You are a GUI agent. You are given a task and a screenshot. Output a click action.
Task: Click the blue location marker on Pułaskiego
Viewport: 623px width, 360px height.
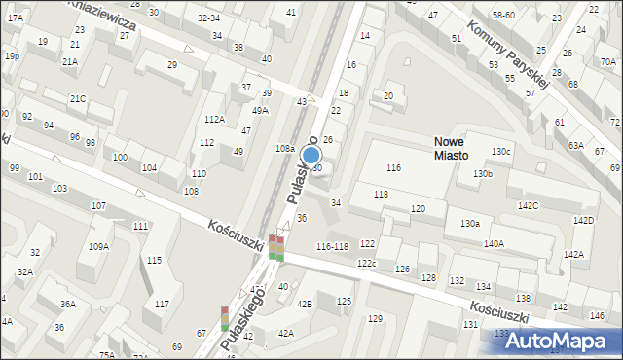coord(311,155)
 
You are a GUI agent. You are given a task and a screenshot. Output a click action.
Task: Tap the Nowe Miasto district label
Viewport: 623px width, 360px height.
coord(452,148)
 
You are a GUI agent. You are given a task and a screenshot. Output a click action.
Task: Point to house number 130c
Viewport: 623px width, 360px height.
coord(500,152)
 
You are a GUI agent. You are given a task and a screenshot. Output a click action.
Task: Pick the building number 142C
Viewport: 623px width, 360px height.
coord(529,206)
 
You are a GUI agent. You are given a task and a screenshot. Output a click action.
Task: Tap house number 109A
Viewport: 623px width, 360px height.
coord(98,247)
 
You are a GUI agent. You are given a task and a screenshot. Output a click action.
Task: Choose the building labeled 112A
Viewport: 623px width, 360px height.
coord(214,119)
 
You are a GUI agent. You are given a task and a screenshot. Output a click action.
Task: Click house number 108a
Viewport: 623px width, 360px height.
coord(284,149)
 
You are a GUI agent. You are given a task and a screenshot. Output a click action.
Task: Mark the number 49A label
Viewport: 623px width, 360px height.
coord(259,111)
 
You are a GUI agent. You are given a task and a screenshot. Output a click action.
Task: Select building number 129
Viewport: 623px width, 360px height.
coord(375,319)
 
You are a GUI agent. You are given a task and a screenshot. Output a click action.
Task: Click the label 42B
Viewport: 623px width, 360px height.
coord(305,305)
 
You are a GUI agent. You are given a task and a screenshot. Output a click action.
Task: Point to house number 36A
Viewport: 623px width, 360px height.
coord(68,305)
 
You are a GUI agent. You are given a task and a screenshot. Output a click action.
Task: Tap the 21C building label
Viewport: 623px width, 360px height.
coord(78,99)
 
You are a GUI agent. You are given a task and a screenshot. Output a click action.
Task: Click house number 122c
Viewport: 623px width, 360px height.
coord(366,264)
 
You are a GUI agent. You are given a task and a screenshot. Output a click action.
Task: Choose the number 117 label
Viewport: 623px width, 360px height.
coord(162,305)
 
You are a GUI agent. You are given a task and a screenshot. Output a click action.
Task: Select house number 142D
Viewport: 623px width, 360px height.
coord(583,221)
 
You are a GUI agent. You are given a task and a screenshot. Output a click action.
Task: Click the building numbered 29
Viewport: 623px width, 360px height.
coord(172,64)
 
